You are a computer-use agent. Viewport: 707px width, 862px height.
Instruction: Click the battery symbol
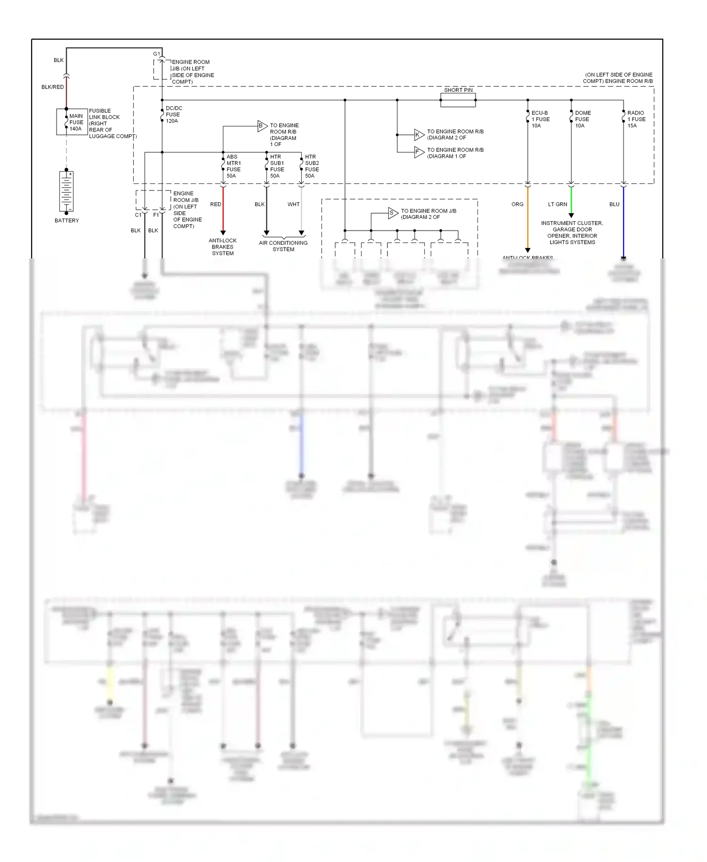coord(66,191)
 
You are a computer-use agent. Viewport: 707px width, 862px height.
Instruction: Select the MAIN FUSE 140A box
coord(72,122)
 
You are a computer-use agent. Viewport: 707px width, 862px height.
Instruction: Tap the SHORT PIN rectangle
coord(458,100)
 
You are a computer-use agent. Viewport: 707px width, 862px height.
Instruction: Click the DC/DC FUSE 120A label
coord(173,115)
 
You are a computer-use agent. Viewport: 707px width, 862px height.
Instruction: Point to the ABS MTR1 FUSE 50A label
coord(233,166)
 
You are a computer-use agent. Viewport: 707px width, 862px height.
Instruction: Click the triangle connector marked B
coord(262,126)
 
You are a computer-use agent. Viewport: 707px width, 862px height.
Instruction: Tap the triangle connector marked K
coord(419,135)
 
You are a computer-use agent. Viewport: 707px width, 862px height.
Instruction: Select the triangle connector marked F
coord(419,152)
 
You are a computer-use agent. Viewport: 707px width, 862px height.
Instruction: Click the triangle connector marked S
coord(393,213)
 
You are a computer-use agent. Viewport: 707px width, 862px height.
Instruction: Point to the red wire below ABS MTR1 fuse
coord(223,207)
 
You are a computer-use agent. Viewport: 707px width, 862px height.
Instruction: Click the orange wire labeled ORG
coord(527,217)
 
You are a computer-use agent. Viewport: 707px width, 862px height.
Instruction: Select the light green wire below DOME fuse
coord(571,200)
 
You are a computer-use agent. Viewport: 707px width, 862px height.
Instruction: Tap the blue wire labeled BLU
coord(623,222)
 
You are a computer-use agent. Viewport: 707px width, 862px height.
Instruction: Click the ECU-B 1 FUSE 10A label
coord(540,119)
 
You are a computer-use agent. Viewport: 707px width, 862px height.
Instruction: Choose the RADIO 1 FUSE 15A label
coord(636,119)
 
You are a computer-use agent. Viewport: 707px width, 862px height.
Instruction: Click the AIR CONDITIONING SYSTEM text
coord(283,246)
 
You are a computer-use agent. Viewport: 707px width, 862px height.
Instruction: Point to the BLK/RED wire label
coord(52,87)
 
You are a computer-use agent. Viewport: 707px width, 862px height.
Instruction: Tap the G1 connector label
coord(156,54)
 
